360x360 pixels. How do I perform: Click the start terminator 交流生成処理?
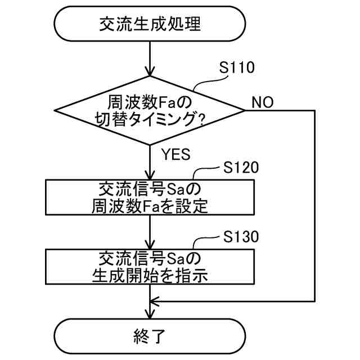click(150, 24)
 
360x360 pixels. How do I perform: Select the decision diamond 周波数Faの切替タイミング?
click(150, 111)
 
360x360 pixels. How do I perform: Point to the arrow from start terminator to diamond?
click(150, 59)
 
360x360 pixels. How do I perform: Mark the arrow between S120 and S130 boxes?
click(150, 232)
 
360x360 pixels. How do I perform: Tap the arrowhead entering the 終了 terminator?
click(150, 314)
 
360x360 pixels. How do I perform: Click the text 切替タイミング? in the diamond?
click(150, 120)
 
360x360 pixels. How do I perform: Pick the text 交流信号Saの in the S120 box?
click(150, 188)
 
